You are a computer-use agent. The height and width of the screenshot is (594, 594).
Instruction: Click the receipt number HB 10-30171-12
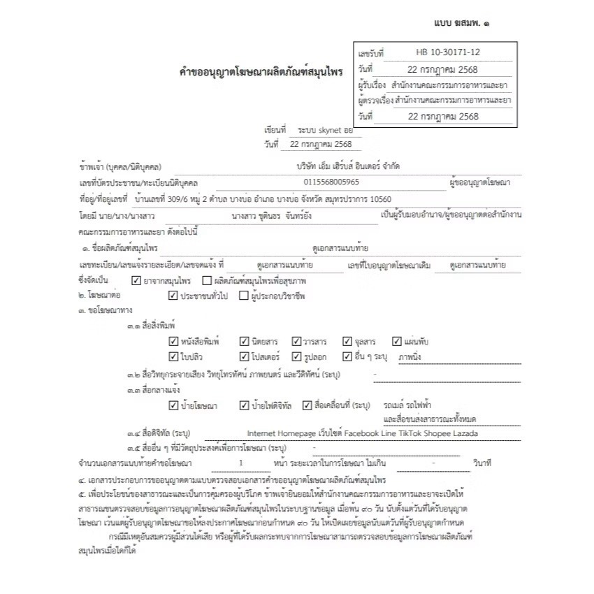point(448,52)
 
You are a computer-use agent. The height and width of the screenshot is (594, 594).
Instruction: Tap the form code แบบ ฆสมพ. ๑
point(461,23)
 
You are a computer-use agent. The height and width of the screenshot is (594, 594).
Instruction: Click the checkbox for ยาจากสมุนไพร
point(136,280)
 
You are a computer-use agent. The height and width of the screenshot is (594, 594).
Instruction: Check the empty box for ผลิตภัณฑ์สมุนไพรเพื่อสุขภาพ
point(207,280)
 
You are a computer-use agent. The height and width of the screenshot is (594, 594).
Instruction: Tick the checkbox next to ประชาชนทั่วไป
point(173,296)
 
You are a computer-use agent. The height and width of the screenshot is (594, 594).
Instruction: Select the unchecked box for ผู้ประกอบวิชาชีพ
point(243,296)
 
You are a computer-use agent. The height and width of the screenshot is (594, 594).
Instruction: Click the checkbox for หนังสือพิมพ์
point(173,342)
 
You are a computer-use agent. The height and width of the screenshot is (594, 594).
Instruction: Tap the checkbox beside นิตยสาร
point(244,342)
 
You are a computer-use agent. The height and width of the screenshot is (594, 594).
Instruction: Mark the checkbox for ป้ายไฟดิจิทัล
point(244,405)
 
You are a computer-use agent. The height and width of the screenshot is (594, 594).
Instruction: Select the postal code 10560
point(377,199)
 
